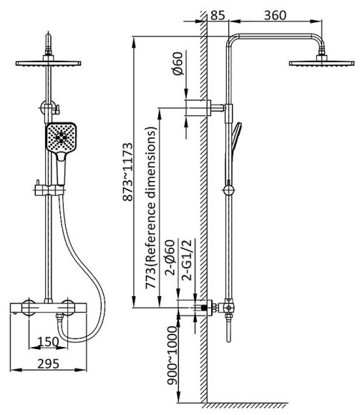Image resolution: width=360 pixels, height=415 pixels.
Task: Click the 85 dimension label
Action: point(218,15)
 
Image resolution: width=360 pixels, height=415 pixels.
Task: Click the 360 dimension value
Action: point(275,15)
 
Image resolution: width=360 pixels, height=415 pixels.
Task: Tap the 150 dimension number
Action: point(48,342)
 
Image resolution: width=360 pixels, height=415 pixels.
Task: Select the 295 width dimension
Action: point(48,364)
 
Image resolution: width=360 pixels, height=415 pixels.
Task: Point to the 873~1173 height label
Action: point(127,172)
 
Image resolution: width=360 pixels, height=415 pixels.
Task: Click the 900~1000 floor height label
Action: point(172,355)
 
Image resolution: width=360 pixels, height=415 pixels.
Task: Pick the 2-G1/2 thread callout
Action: point(188,260)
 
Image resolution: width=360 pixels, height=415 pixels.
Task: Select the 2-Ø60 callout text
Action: point(170,258)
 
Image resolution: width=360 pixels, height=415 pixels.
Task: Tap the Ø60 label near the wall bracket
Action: point(178,64)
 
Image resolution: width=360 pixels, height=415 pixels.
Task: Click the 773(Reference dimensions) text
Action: point(151,207)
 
